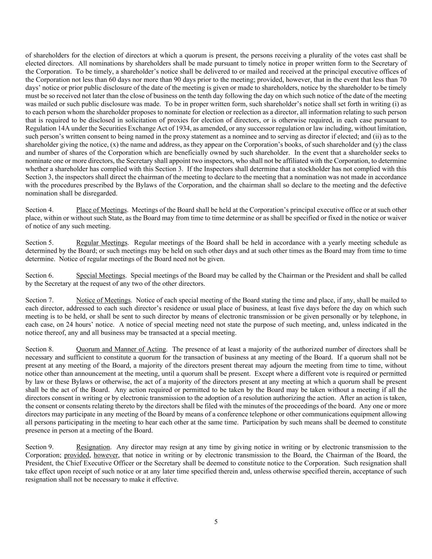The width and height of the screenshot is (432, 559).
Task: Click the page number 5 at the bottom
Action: click(216, 522)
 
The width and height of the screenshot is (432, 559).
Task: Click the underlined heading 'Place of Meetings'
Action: click(101, 210)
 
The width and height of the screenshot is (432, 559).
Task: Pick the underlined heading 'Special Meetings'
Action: click(101, 276)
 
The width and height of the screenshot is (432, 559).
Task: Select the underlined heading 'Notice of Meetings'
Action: click(103, 300)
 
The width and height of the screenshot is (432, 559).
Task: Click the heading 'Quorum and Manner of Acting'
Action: click(121, 349)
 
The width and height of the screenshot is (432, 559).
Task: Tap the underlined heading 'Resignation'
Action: click(93, 447)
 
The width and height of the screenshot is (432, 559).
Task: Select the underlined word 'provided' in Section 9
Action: click(76, 455)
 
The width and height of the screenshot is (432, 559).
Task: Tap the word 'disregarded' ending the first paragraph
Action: click(100, 193)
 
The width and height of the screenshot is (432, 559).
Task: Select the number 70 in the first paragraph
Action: click(403, 80)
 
